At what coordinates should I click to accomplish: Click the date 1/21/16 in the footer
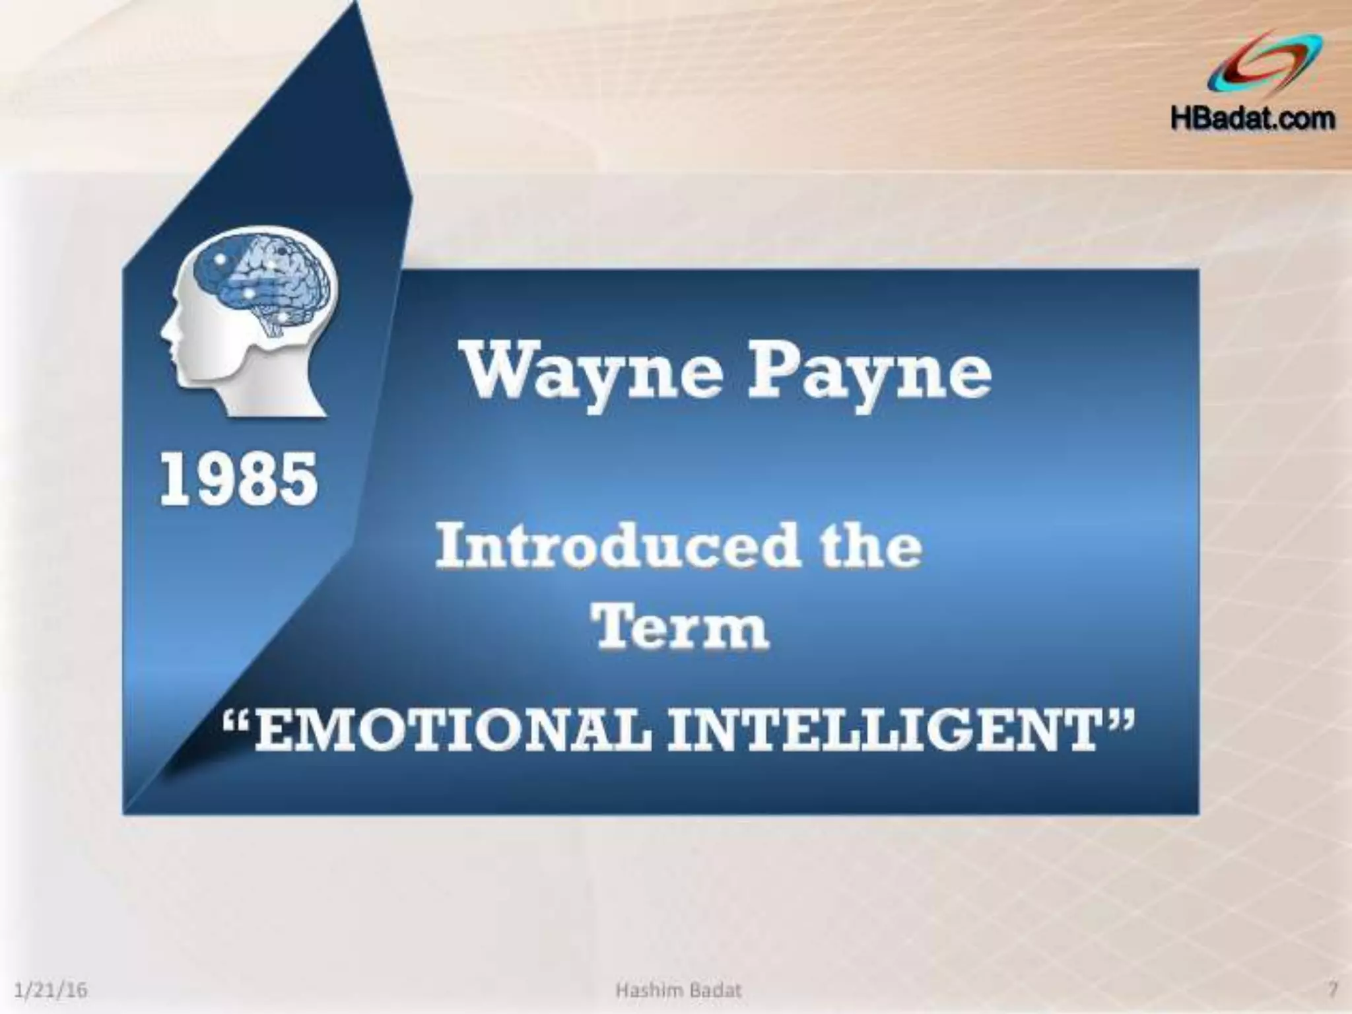[51, 990]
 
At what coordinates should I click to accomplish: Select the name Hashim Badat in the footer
[678, 990]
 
